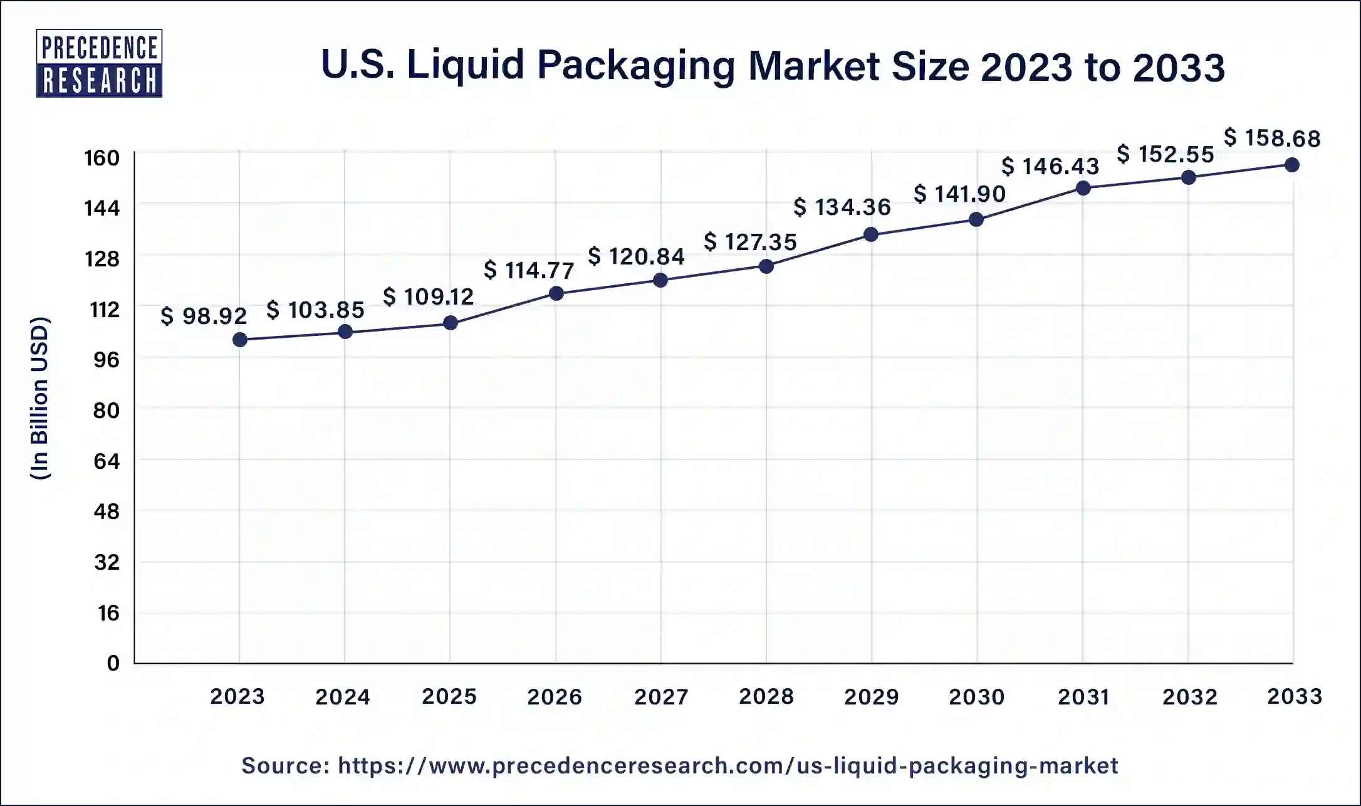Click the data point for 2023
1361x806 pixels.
click(239, 340)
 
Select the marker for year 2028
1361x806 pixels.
click(766, 266)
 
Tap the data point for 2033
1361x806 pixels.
click(1291, 165)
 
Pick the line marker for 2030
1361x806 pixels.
click(976, 219)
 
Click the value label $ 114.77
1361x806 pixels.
click(529, 270)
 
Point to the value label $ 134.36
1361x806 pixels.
click(842, 207)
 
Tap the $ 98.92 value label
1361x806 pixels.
click(204, 316)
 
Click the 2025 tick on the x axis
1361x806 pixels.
click(449, 696)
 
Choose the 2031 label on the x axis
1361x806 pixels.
click(1083, 696)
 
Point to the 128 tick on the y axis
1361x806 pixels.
click(102, 258)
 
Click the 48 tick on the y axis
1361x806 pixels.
click(107, 511)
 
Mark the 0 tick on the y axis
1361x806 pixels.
click(113, 663)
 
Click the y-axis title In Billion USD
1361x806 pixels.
click(39, 399)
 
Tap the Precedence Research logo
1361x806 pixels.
click(99, 63)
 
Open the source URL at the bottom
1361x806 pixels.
click(727, 765)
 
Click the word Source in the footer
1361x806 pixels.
click(285, 765)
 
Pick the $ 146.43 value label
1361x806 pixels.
click(1050, 166)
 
